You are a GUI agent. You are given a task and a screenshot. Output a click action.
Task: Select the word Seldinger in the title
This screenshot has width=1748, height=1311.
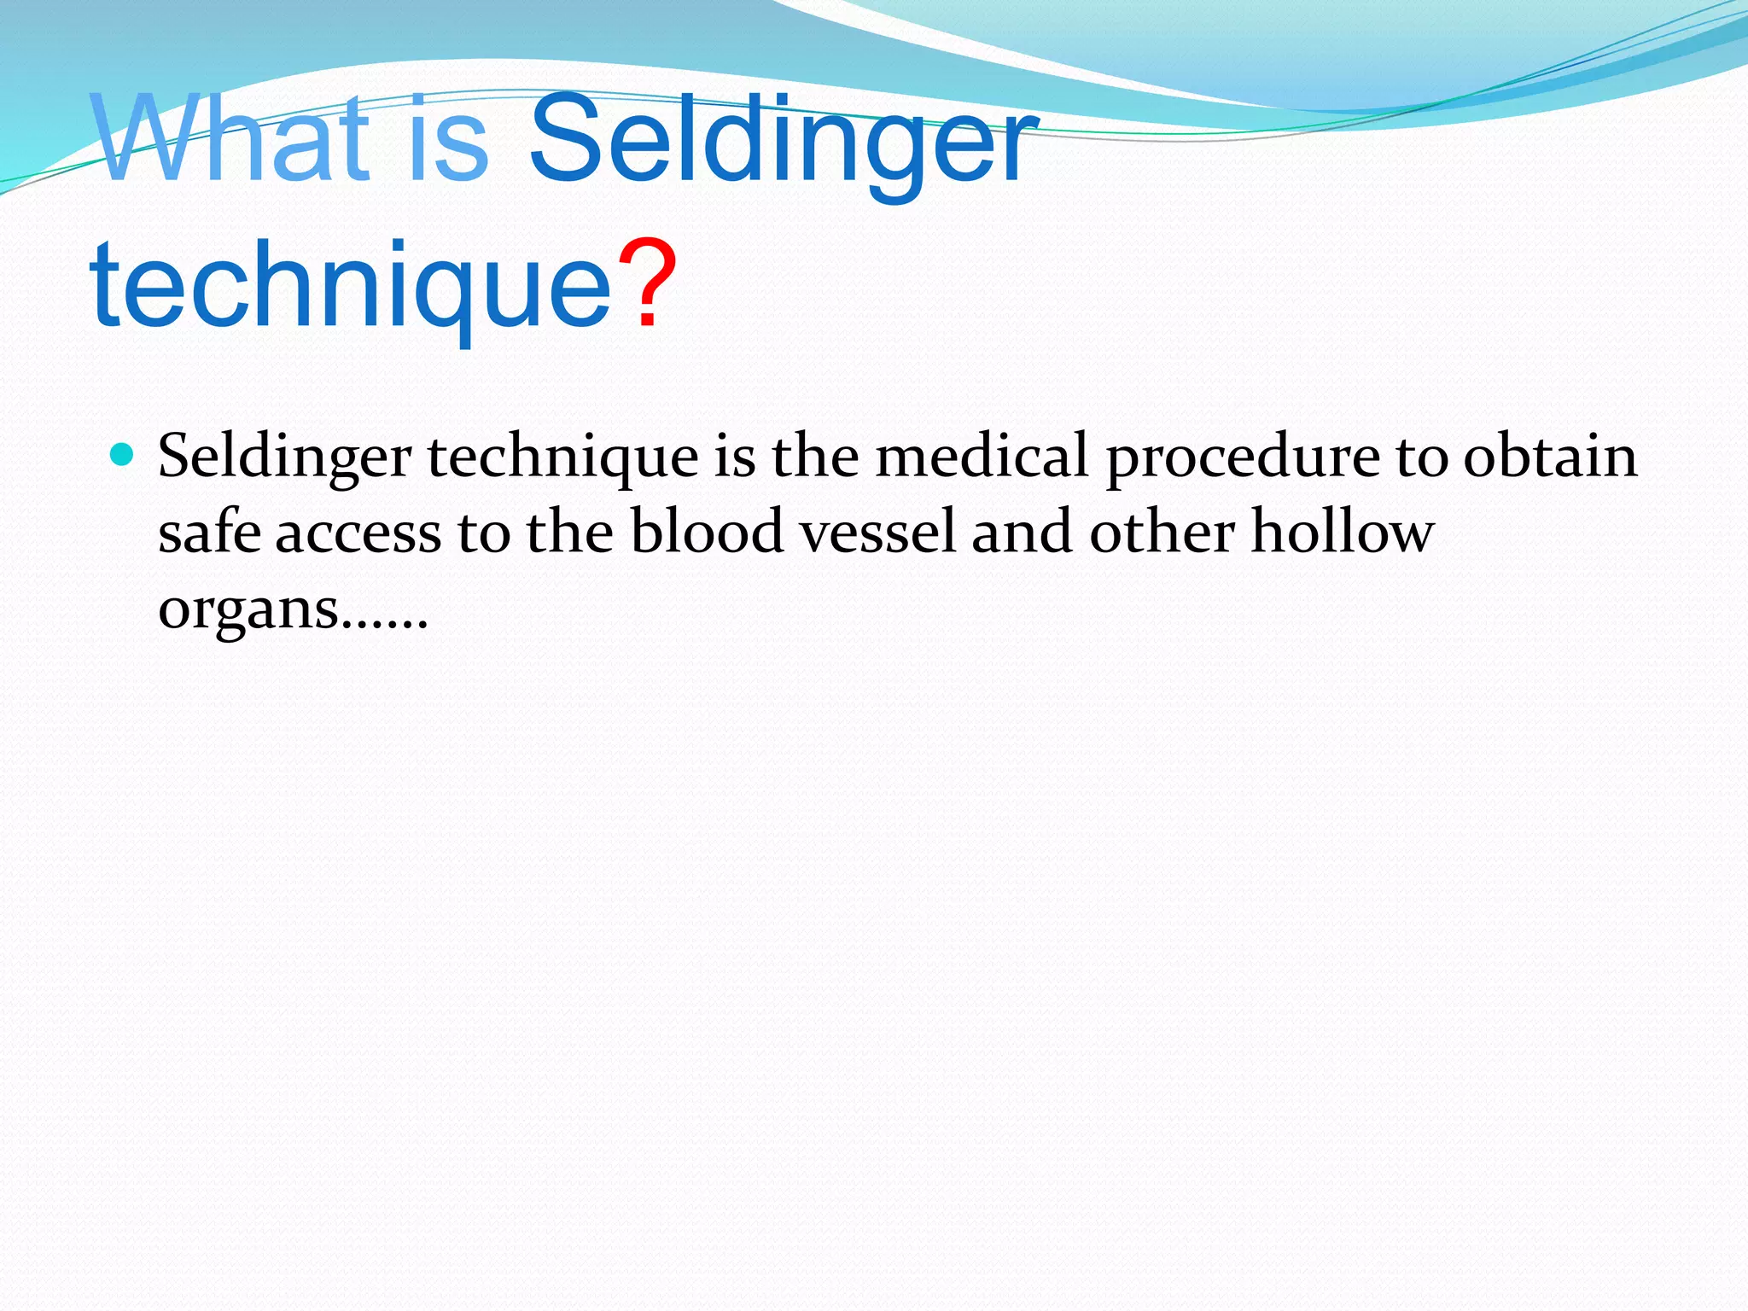click(783, 142)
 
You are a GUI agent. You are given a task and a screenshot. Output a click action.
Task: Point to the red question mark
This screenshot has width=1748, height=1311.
click(647, 284)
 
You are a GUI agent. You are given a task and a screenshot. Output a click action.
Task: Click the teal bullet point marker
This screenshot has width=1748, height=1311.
click(124, 453)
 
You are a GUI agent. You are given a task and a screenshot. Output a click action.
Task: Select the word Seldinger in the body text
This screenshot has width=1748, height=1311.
click(284, 457)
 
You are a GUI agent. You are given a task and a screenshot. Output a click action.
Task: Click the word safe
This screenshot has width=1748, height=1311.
click(209, 532)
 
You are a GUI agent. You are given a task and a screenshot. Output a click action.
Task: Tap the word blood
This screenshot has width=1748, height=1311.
click(707, 532)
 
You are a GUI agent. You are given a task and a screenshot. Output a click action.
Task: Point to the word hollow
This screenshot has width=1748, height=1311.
click(1342, 532)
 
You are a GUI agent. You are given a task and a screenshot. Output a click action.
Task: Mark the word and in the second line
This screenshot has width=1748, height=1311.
click(1021, 532)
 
